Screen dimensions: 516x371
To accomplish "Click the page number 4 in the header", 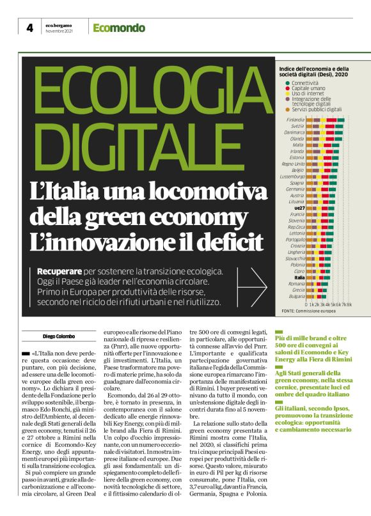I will pos(29,27).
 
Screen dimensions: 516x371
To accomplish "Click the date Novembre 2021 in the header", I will pos(58,32).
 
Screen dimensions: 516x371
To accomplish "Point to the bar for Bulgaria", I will pos(318,296).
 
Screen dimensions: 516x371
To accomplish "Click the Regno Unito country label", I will pos(294,164).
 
